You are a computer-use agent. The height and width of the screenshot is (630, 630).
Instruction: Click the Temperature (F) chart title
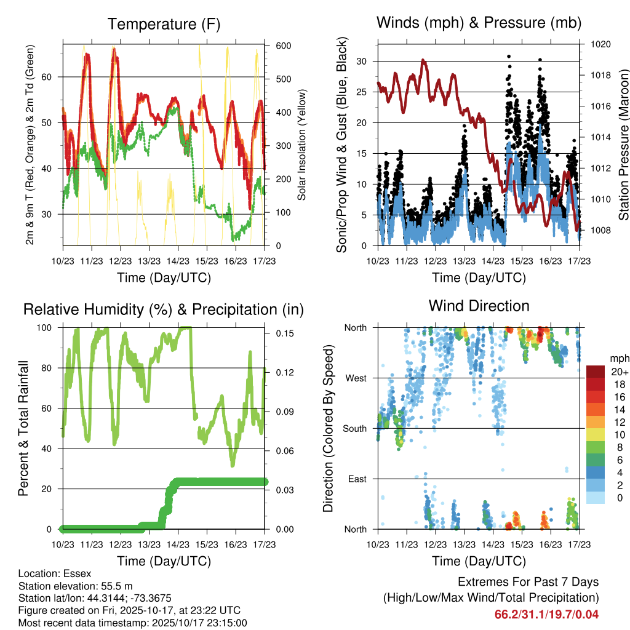[163, 24]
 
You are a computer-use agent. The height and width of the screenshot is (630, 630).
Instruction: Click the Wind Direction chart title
[479, 305]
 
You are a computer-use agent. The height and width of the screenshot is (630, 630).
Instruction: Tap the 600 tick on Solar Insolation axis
[284, 46]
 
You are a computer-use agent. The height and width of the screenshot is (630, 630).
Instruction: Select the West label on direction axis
[355, 378]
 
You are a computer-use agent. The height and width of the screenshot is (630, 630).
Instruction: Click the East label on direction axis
[356, 479]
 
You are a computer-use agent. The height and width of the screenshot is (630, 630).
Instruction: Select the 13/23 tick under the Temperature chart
[148, 260]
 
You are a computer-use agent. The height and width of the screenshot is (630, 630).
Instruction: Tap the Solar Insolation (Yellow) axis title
[302, 145]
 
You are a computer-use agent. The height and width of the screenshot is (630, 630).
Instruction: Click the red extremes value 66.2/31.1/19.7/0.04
[546, 614]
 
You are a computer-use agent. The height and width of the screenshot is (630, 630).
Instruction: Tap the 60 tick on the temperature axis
[51, 77]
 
